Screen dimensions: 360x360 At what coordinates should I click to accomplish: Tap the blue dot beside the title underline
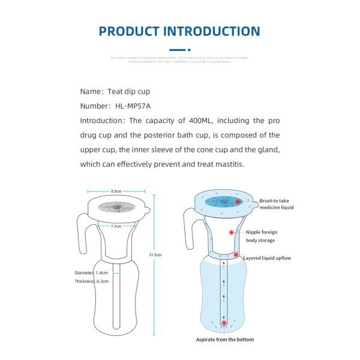click(189, 50)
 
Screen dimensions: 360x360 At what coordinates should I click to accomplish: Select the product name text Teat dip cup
click(129, 91)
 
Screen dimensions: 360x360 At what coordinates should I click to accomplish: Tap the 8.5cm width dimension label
click(116, 191)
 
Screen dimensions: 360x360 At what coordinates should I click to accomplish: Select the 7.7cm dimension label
click(116, 226)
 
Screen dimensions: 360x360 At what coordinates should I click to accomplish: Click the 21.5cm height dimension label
click(155, 254)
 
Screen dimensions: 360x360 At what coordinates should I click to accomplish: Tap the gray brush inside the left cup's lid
click(116, 207)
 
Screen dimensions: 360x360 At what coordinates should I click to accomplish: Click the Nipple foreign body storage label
click(261, 236)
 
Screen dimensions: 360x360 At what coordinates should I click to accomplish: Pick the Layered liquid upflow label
click(266, 258)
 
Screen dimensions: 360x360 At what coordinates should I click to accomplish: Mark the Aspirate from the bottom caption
click(225, 340)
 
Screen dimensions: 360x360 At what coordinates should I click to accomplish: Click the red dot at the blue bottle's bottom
click(224, 323)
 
